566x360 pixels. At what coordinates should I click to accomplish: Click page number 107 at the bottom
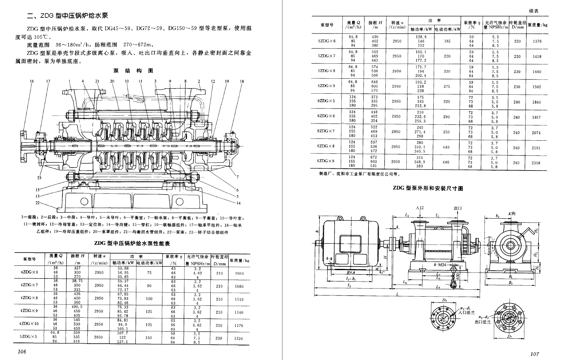click(x=535, y=353)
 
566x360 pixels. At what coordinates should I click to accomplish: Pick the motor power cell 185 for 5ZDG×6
click(x=447, y=41)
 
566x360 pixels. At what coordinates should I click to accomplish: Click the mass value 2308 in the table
click(x=536, y=163)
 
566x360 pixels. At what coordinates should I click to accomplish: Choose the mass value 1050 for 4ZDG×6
click(x=239, y=273)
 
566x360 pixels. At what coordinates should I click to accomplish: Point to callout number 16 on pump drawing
click(x=32, y=81)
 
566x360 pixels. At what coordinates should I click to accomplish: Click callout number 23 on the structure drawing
click(x=39, y=178)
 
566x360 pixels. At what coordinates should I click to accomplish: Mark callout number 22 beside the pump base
click(x=37, y=202)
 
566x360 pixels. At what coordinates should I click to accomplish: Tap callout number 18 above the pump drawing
click(x=242, y=81)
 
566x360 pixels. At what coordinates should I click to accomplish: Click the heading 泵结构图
click(x=133, y=71)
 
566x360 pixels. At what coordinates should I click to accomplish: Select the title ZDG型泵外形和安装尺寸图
click(x=428, y=188)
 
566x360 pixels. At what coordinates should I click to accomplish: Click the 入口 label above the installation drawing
click(x=420, y=208)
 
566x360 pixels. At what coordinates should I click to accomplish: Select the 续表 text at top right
click(x=534, y=11)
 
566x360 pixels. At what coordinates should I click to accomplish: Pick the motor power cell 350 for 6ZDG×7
click(x=446, y=132)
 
